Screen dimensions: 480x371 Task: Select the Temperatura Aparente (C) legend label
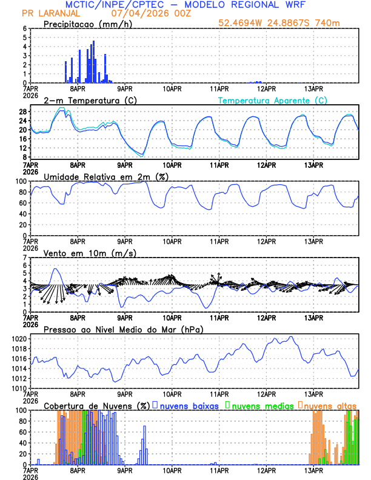(x=272, y=100)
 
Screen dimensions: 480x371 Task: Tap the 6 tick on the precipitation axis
(x=24, y=28)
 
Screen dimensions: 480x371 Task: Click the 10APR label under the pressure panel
(x=172, y=393)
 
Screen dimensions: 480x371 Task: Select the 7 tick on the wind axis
(x=24, y=258)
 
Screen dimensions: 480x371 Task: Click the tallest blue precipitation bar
(x=93, y=61)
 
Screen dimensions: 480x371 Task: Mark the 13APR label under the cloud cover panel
(x=313, y=470)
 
